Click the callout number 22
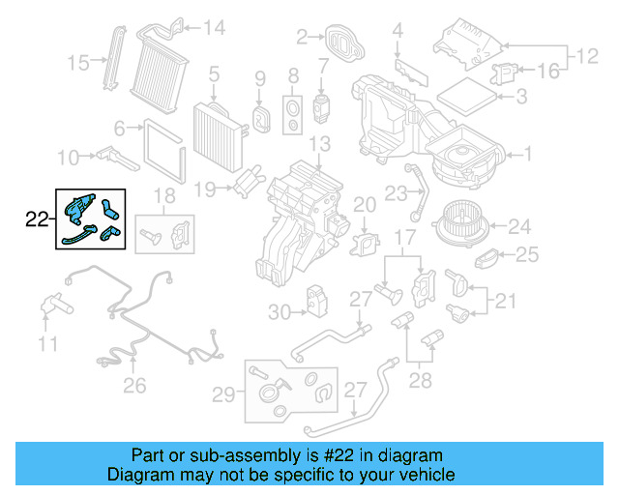click(36, 220)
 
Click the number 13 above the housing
click(319, 145)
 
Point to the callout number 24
click(519, 227)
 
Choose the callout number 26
click(134, 387)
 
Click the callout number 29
click(222, 393)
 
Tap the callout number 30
click(279, 311)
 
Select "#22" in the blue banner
click(333, 455)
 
